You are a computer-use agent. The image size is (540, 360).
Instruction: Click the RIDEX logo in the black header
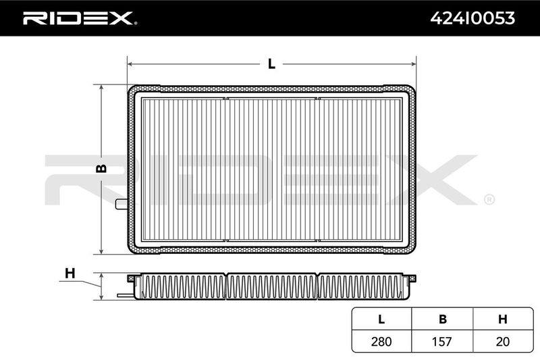tap(80, 18)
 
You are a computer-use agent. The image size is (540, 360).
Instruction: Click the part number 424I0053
tap(473, 18)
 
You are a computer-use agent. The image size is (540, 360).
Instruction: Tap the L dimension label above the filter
tap(272, 63)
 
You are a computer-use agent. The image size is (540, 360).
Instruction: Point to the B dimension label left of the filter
tap(101, 168)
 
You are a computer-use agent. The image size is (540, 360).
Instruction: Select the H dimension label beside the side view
tap(70, 274)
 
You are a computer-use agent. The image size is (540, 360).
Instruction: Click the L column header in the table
tap(381, 319)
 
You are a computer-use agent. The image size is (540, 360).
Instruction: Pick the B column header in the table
tap(443, 319)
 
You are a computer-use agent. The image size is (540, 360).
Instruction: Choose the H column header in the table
tap(503, 319)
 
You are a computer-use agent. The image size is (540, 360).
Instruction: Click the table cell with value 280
tap(381, 341)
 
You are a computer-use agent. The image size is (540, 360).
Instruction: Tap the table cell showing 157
tap(442, 341)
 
